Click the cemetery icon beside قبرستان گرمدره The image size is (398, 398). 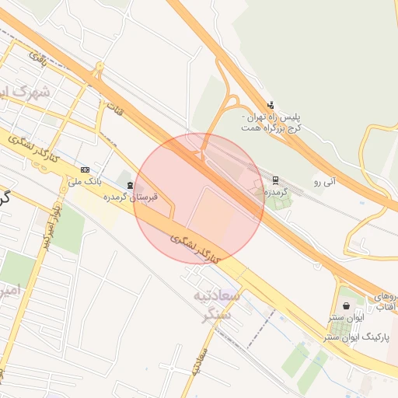pyautogui.click(x=128, y=184)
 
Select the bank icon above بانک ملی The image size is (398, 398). pyautogui.click(x=84, y=169)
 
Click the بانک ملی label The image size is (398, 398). pyautogui.click(x=85, y=183)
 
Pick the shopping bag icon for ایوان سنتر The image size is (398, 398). pyautogui.click(x=345, y=306)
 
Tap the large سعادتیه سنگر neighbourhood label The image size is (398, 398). pyautogui.click(x=220, y=305)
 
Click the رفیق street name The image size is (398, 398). pyautogui.click(x=38, y=56)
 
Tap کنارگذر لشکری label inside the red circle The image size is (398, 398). pyautogui.click(x=195, y=244)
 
